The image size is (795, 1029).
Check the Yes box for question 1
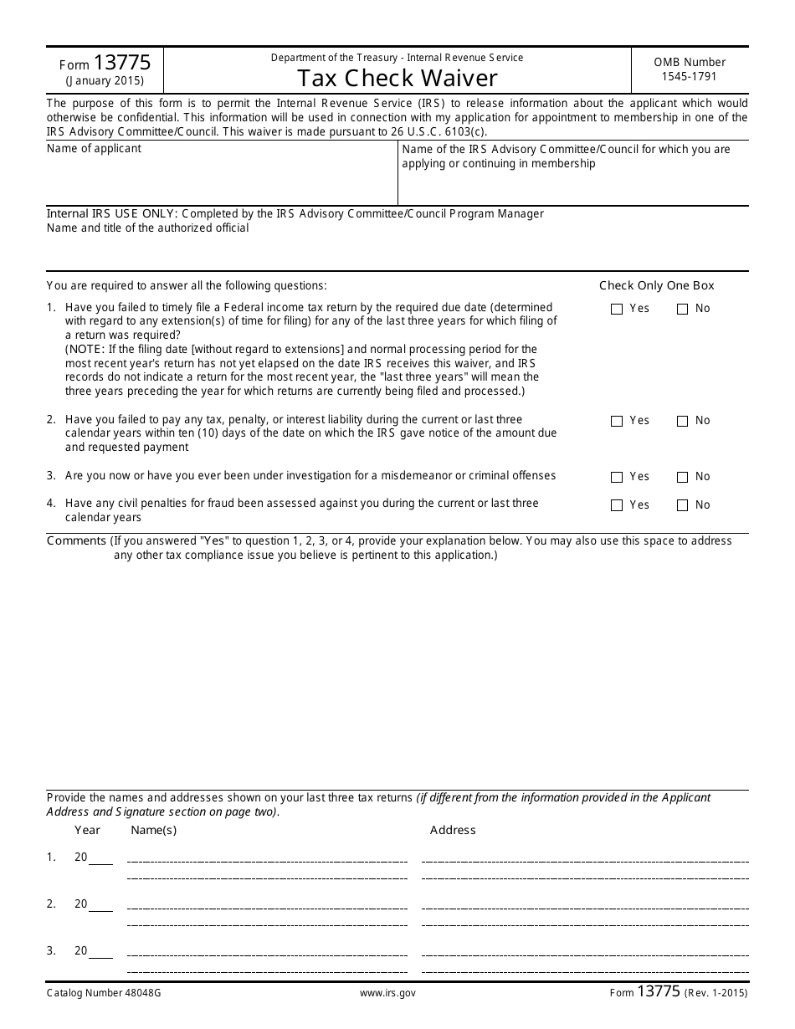pos(617,309)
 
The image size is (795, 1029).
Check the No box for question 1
pos(682,309)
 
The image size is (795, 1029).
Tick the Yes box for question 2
pos(617,421)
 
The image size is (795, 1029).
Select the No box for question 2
pos(682,421)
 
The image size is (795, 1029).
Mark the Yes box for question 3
pos(617,477)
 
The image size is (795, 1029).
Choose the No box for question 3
pos(682,477)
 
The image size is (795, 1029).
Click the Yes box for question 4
pos(617,505)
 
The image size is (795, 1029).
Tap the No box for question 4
pos(682,505)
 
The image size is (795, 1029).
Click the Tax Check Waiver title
pos(397,78)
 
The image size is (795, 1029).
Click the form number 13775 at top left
pos(122,62)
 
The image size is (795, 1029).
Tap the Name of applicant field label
pos(94,149)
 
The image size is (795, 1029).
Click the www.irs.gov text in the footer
pos(387,993)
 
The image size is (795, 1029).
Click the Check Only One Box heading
pos(657,285)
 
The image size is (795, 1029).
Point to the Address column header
pos(453,830)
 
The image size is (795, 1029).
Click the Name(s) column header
pos(154,830)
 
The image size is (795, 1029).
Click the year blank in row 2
pos(100,905)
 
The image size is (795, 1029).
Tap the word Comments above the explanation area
pos(77,540)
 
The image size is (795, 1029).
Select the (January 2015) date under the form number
pos(105,81)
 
